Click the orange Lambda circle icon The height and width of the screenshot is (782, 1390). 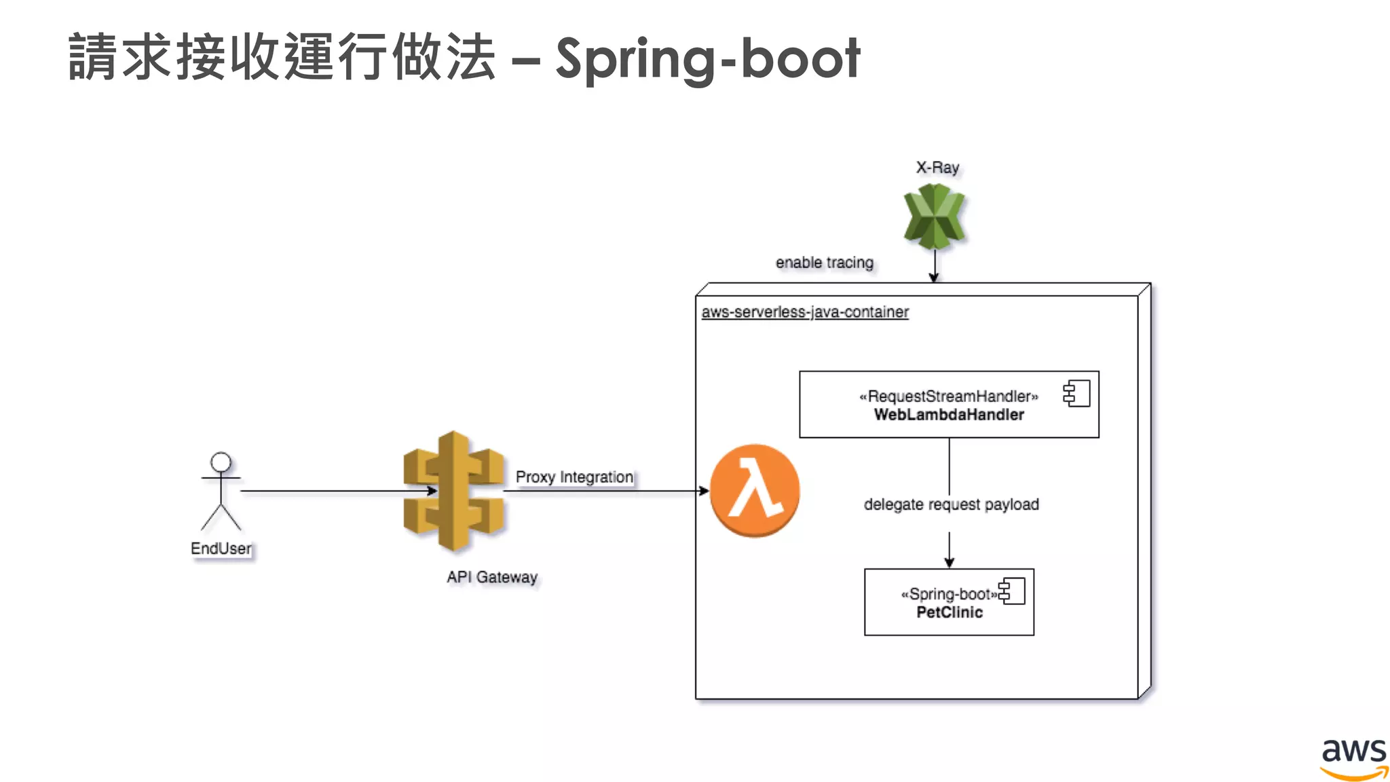(754, 490)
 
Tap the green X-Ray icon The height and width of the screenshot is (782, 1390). (934, 216)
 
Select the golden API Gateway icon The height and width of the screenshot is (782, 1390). (453, 490)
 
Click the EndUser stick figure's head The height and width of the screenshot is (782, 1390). (221, 462)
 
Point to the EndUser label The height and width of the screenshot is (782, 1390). (221, 548)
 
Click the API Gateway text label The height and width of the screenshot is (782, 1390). (491, 577)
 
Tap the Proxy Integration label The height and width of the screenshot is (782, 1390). (574, 477)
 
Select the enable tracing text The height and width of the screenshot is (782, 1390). (824, 263)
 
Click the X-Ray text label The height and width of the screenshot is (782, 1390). (937, 168)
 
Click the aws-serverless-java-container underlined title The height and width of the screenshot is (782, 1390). (805, 312)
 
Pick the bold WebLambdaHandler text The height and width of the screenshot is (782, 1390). (949, 415)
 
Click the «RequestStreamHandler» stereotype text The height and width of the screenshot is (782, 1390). (948, 396)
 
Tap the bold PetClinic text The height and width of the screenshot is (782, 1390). (949, 612)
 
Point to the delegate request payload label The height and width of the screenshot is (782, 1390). (951, 504)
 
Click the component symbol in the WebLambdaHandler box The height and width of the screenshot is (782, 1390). (1077, 394)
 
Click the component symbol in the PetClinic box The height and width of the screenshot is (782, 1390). (1012, 591)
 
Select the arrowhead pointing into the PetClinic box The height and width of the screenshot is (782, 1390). (949, 563)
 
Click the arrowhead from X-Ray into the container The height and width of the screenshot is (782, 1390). (934, 277)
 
